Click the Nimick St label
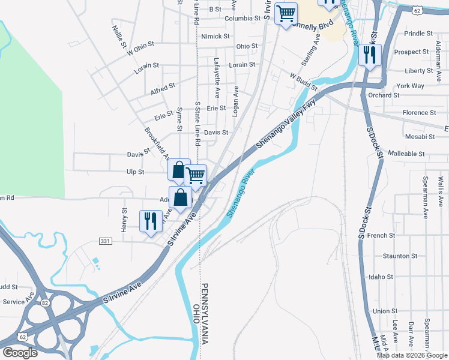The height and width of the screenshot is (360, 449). [x=215, y=37]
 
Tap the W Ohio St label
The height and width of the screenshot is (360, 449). [x=140, y=48]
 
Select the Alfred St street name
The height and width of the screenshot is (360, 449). [x=163, y=88]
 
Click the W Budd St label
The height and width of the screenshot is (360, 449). [x=303, y=81]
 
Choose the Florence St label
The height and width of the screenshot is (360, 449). [x=419, y=113]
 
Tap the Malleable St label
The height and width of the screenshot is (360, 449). [x=407, y=154]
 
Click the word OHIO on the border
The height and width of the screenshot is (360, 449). [x=196, y=315]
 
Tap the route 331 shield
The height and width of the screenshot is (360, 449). [x=105, y=241]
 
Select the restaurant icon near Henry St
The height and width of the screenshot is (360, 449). [x=150, y=220]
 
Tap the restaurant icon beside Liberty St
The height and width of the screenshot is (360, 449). [x=370, y=55]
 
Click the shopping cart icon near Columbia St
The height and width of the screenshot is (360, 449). [x=286, y=13]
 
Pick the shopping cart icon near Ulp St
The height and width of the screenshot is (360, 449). [x=196, y=175]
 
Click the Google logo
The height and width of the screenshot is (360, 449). [x=20, y=353]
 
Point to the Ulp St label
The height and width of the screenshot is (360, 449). [x=136, y=172]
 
